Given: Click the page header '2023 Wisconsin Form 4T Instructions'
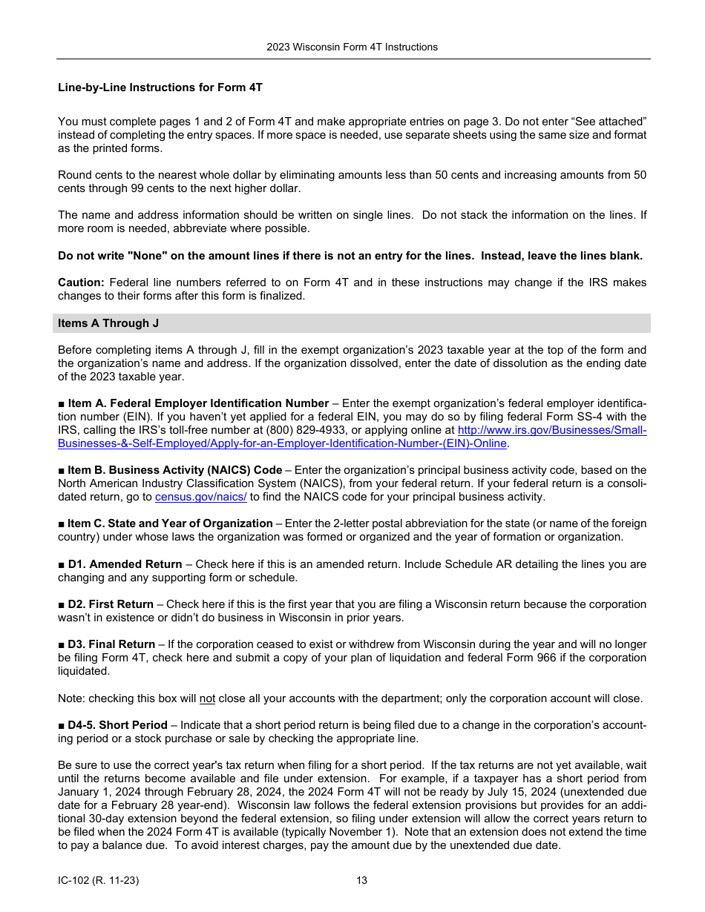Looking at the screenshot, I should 352,47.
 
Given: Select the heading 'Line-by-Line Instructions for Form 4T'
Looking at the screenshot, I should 160,87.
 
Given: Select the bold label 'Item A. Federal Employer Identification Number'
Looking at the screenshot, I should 198,403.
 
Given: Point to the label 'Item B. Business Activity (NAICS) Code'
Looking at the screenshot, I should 174,470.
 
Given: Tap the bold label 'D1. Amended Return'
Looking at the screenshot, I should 125,564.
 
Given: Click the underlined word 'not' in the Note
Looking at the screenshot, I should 207,698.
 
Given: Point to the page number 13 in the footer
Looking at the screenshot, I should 361,881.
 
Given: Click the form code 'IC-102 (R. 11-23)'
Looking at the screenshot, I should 99,881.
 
